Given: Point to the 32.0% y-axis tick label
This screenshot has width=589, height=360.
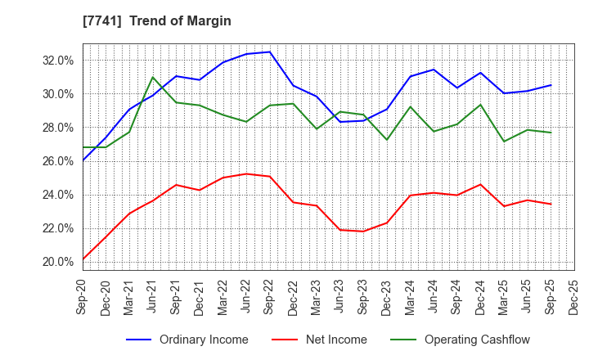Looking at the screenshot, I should (58, 61).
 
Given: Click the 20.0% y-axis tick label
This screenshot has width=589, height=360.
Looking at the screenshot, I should (58, 262).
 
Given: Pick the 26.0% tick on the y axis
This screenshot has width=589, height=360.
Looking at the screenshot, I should (58, 161).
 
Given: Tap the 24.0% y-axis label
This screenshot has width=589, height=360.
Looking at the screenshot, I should (58, 195).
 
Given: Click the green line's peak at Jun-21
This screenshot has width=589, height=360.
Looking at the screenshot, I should (153, 78).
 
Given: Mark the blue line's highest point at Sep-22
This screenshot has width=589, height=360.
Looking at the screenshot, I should (270, 52).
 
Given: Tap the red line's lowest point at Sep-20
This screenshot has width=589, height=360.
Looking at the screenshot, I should (83, 259).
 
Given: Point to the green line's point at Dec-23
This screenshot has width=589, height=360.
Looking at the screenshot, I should (387, 140).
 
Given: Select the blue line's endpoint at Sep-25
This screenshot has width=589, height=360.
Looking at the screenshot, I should (551, 85).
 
